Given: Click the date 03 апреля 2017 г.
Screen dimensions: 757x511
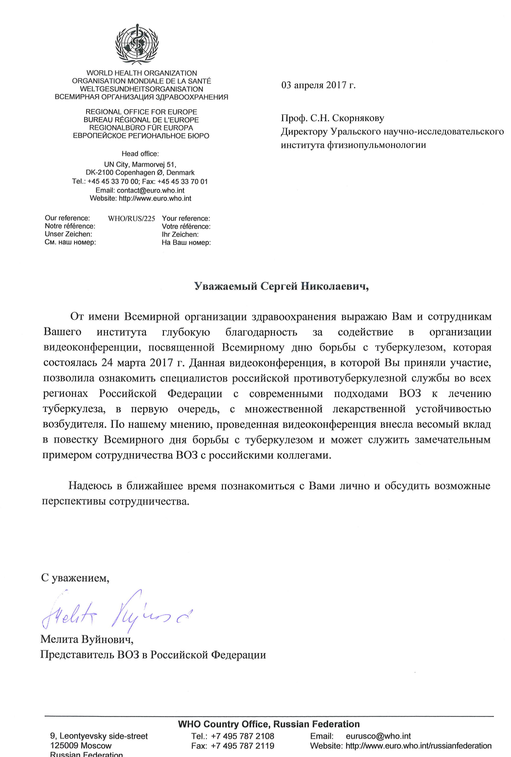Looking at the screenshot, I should pos(318,85).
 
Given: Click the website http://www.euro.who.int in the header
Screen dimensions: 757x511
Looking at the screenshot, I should pos(155,198).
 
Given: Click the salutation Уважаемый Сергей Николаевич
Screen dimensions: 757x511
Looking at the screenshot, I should pos(281,286).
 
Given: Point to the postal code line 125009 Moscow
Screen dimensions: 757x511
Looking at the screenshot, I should pos(81,746).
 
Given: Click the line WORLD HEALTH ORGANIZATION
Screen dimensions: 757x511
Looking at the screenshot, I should pos(142,73).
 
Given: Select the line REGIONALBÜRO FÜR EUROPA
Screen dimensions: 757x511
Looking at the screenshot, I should pos(141,128).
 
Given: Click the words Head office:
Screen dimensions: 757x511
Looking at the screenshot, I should pos(140,154).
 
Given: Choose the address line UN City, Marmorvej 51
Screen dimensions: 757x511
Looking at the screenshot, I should pos(140,165).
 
